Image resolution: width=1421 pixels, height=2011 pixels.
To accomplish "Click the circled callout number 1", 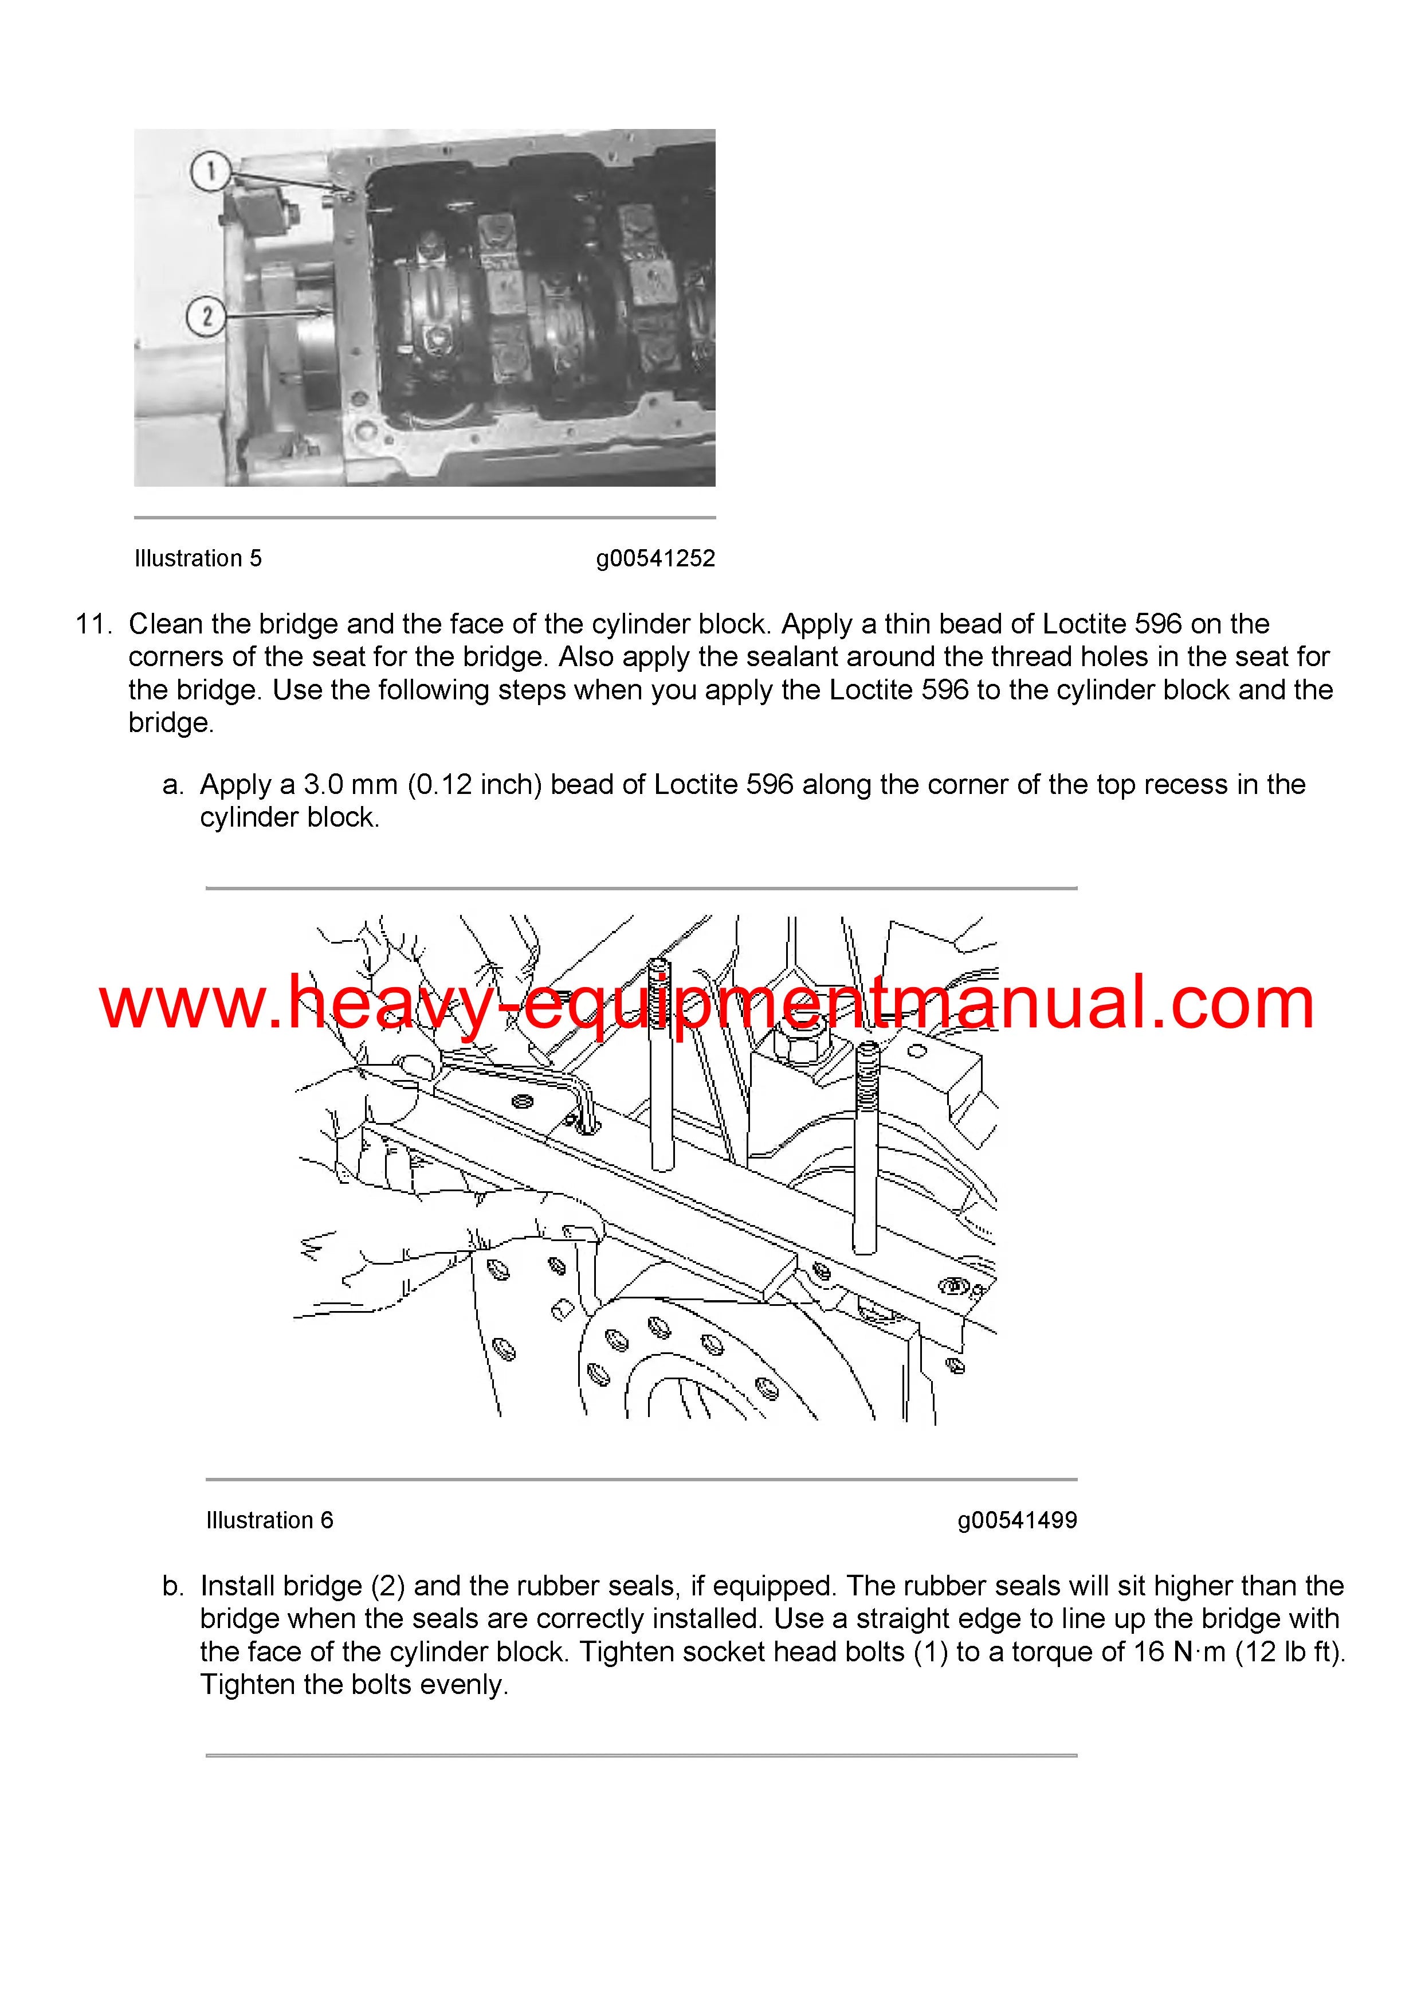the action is click(211, 171).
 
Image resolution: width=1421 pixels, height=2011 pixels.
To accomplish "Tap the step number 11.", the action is click(93, 624).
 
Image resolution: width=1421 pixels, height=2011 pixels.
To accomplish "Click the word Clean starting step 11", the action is click(166, 624).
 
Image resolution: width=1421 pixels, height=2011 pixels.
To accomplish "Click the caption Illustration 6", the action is click(270, 1520).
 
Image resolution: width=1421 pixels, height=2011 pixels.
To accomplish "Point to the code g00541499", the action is click(1018, 1520).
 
